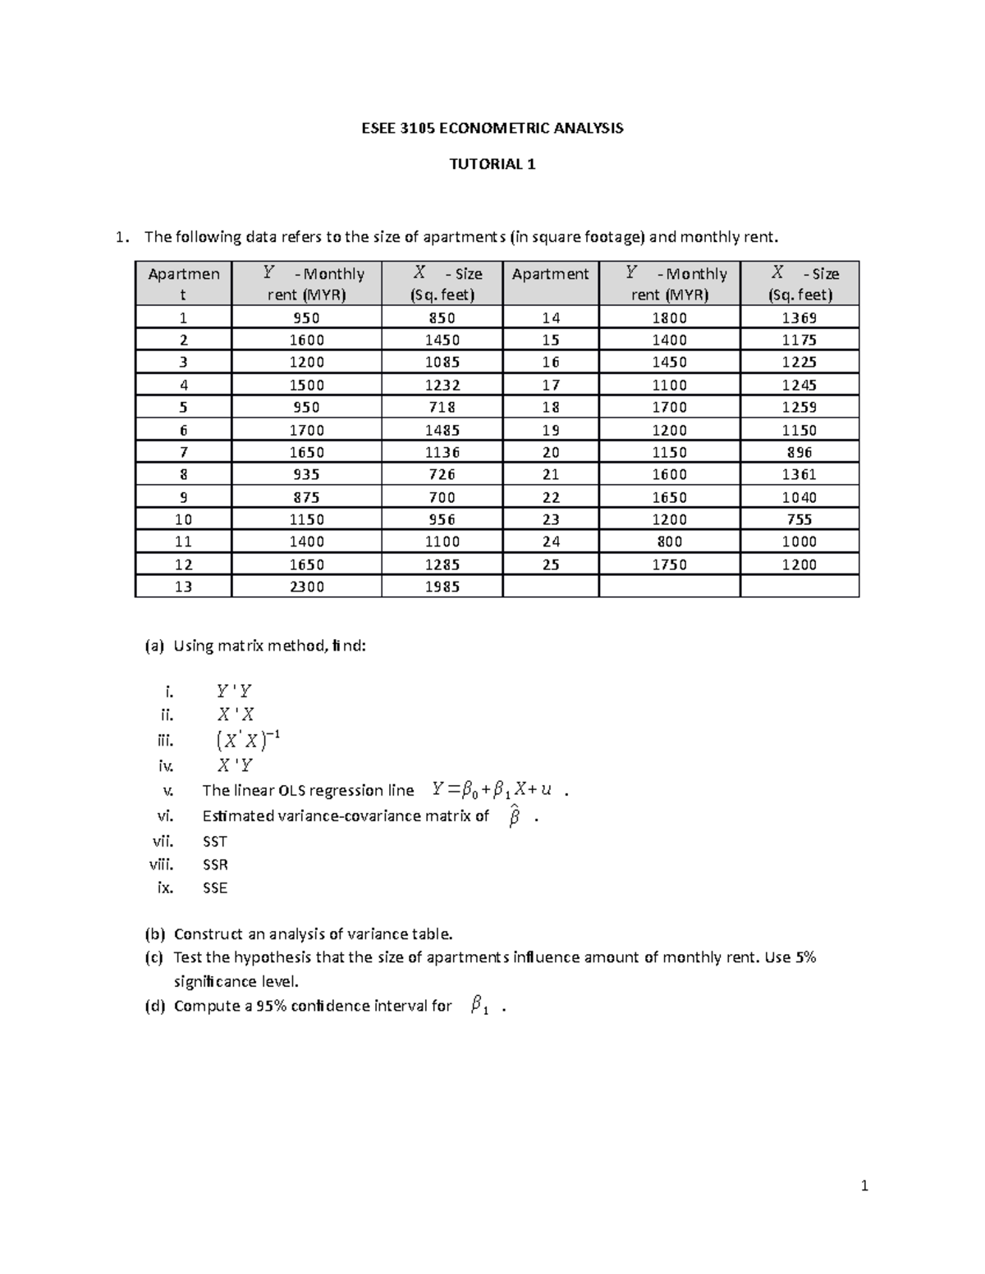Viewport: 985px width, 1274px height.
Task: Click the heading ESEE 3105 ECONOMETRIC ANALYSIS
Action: [x=492, y=128]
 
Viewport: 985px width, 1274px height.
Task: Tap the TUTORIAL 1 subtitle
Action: [x=492, y=164]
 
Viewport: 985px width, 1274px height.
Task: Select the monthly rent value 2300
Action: [x=306, y=587]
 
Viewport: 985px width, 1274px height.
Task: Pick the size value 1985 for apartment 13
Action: [x=442, y=587]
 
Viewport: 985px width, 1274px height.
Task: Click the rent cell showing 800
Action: [x=669, y=541]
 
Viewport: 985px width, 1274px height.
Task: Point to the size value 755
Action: [x=799, y=519]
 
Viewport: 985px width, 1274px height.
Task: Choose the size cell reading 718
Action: [x=442, y=407]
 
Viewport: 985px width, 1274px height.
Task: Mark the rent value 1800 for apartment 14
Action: [x=669, y=318]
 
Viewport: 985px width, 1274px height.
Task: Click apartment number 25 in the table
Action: [x=551, y=564]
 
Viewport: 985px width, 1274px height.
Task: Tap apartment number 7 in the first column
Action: [x=183, y=452]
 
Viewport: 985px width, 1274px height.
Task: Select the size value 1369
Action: [x=799, y=318]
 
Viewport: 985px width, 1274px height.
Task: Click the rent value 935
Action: [x=306, y=474]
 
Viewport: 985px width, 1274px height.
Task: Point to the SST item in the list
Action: [x=214, y=842]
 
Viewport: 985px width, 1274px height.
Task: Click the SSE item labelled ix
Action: [x=214, y=888]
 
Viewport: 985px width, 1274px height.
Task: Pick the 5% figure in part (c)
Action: [x=805, y=957]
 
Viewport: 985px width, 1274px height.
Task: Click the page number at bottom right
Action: [x=864, y=1185]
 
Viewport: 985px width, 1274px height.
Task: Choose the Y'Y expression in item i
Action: [x=234, y=692]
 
